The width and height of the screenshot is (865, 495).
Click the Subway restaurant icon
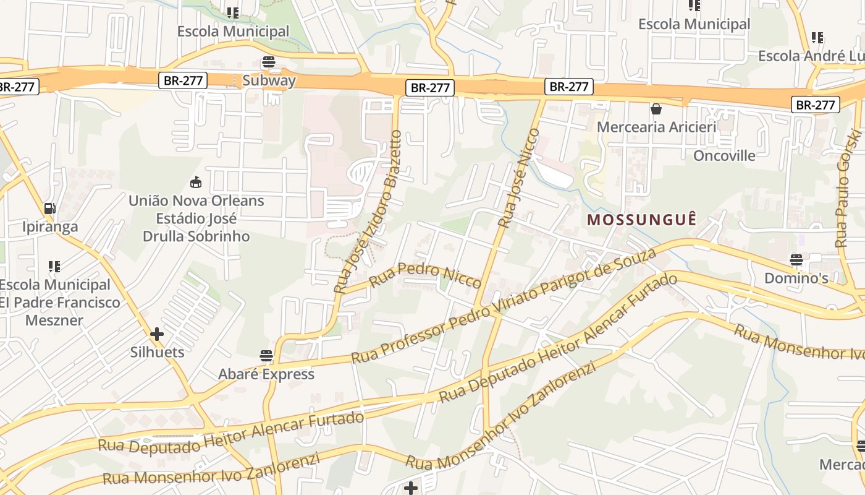(268, 62)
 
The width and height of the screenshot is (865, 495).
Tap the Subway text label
(269, 80)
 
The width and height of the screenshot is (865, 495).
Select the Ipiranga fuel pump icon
(50, 209)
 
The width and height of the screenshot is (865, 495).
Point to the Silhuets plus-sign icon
(157, 334)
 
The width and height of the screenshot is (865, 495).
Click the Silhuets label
(157, 352)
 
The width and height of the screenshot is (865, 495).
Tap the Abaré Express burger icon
(266, 356)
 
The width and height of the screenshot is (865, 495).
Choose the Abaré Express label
(266, 374)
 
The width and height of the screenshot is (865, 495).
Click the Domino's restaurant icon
(796, 260)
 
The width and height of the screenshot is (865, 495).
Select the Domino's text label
(796, 278)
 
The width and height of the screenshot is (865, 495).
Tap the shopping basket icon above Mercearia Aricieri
(656, 109)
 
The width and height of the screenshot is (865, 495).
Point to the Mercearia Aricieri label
(656, 127)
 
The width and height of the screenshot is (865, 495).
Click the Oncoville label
(724, 155)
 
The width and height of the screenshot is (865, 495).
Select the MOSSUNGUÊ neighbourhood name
(642, 220)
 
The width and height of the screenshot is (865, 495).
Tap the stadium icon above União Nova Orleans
(196, 183)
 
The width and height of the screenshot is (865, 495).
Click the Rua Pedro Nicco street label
(425, 276)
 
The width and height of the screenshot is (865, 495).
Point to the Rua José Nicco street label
(518, 178)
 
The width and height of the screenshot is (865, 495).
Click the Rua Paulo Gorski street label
(847, 188)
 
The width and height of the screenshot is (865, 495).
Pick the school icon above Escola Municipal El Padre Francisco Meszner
(54, 267)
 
